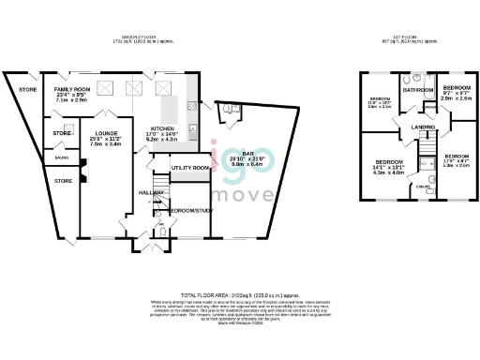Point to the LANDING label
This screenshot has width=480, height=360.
pyautogui.click(x=423, y=127)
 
